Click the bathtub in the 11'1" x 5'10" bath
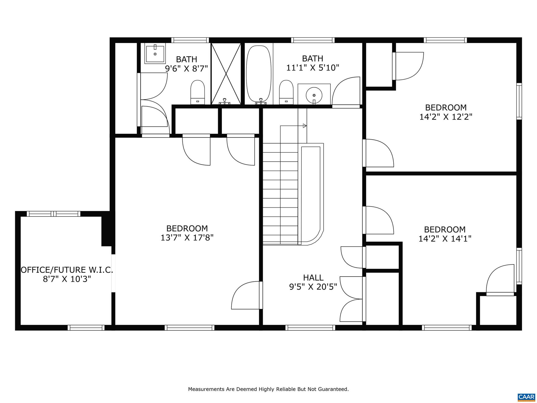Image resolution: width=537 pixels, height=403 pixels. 259,74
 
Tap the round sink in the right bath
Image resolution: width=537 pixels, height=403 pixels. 314,96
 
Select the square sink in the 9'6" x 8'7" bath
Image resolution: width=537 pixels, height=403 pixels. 155,54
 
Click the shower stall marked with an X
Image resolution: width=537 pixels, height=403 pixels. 226,74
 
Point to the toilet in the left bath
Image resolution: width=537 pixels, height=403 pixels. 197,92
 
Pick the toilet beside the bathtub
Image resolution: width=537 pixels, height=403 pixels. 286,92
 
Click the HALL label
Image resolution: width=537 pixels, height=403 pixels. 313,278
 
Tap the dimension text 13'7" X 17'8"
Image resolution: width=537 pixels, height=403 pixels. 187,238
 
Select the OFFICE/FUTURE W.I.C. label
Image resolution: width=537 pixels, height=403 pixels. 67,270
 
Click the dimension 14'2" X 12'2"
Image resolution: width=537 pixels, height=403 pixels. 446,117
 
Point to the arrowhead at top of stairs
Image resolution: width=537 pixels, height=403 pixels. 305,126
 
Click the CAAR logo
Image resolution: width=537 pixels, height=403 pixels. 526,396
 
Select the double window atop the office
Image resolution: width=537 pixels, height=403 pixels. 54,214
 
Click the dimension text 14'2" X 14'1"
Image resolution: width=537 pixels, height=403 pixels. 445,239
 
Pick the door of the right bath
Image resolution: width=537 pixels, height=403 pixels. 346,92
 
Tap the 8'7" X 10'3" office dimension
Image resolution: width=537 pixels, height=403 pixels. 67,279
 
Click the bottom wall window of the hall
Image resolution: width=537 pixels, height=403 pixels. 310,327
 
